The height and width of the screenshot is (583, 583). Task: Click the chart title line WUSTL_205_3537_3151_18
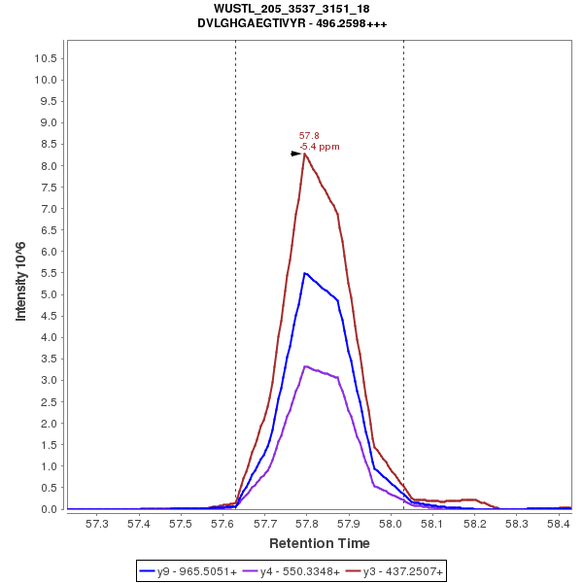coord(291,9)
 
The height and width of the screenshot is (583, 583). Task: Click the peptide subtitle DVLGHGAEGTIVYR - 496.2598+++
coord(291,23)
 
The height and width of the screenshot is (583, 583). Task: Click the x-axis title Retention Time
coord(319,542)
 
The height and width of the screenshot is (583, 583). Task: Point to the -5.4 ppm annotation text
coord(320,147)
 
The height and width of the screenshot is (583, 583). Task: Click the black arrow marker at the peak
coord(296,154)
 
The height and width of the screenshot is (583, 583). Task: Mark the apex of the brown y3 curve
coord(305,154)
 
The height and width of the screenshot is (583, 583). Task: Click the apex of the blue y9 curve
coord(305,273)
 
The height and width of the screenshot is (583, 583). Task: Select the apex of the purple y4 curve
coord(305,366)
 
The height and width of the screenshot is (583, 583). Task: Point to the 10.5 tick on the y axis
coord(45,57)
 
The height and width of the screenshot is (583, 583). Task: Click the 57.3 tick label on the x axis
coord(97,524)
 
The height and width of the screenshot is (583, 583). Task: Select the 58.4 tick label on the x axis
coord(558,524)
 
